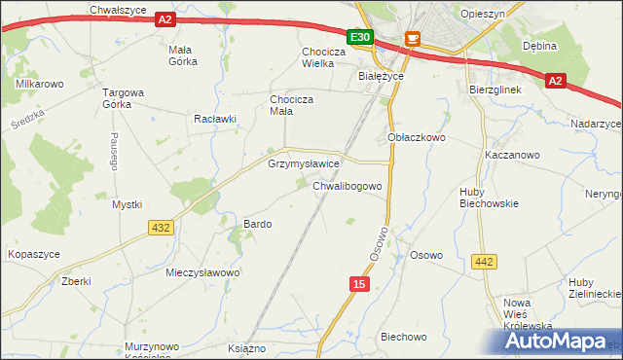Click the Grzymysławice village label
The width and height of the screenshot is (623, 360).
click(303, 164)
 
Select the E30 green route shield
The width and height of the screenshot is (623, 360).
click(360, 37)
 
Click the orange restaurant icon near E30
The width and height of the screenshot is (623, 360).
click(412, 39)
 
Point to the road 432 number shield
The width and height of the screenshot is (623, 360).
click(162, 227)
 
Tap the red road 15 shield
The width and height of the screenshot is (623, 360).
click(361, 283)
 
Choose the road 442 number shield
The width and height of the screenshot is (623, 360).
click(484, 261)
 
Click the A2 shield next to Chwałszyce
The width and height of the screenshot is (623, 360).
click(165, 19)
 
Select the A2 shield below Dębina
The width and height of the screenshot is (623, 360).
click(555, 82)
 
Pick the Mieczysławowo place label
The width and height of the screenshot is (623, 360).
click(202, 273)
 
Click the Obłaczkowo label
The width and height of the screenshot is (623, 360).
click(416, 138)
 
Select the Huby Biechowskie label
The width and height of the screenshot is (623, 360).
click(489, 198)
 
